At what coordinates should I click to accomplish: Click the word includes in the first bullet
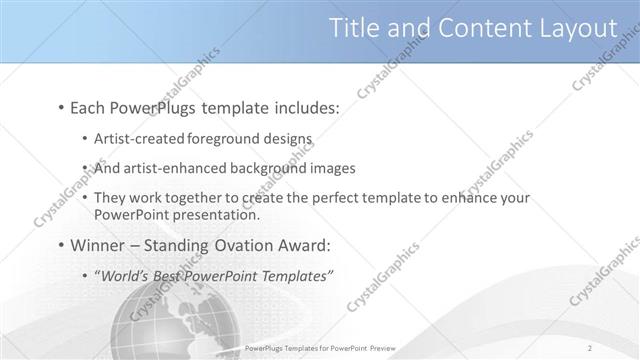(302, 106)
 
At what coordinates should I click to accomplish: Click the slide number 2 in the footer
(591, 349)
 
